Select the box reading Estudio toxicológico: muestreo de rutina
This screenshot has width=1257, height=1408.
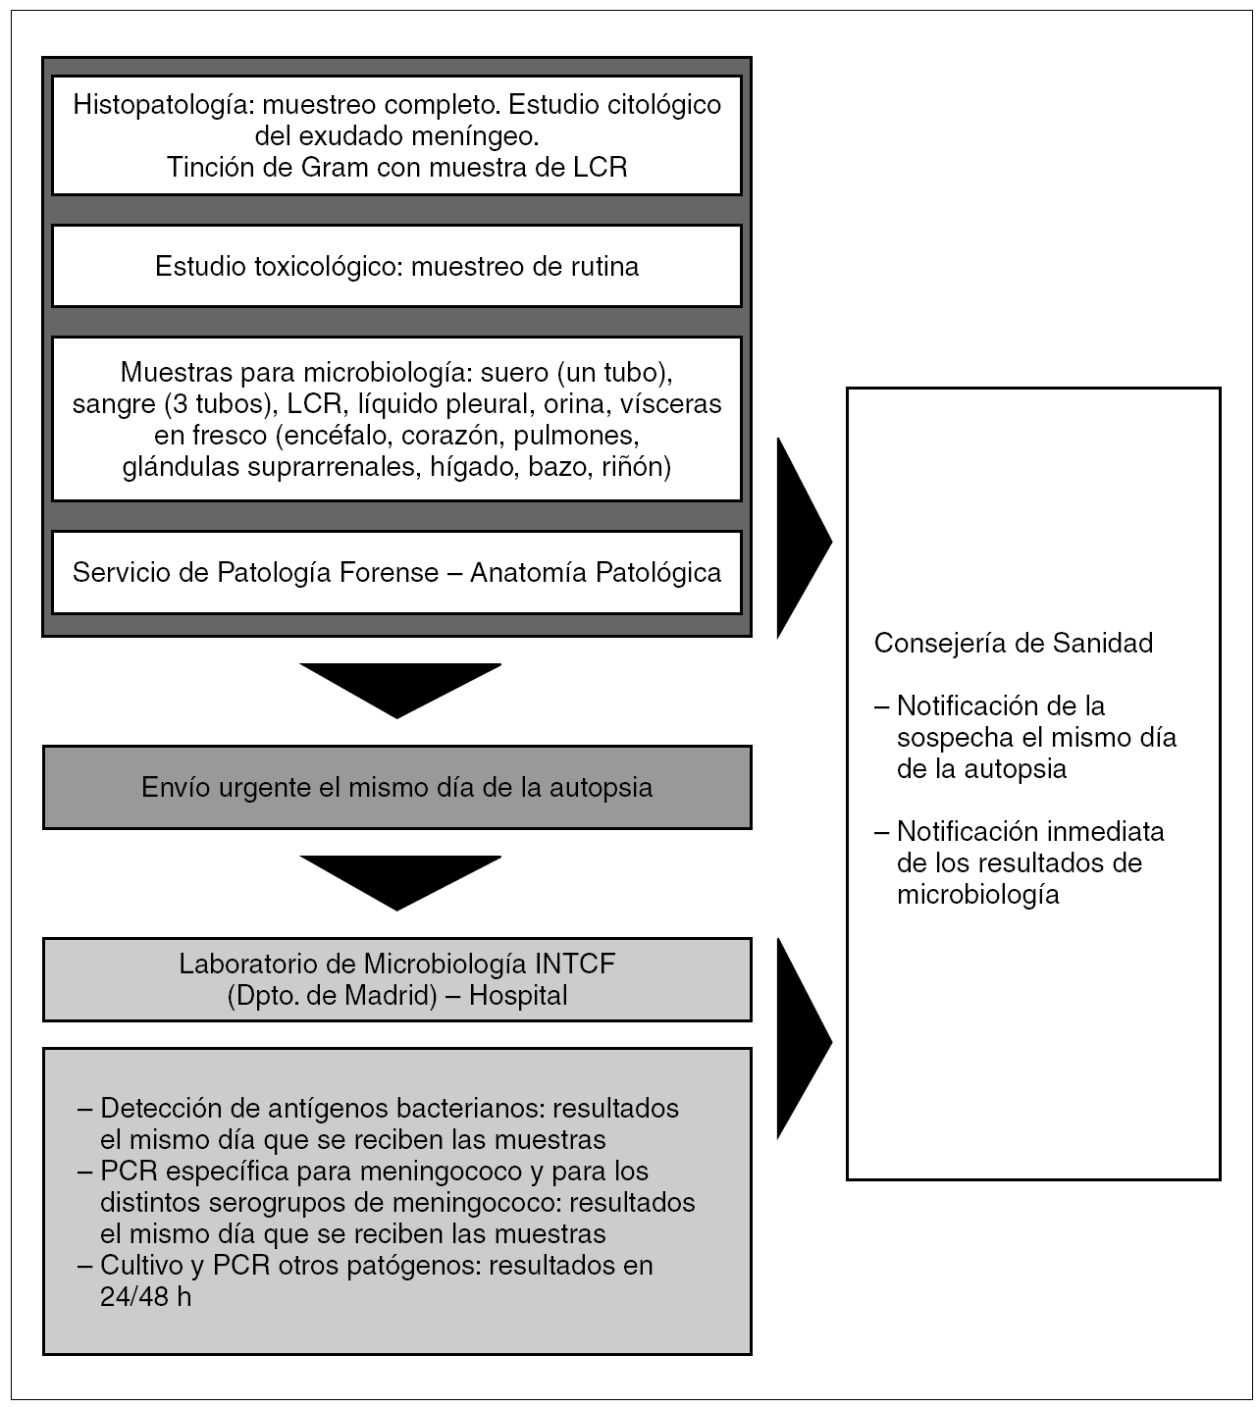click(396, 266)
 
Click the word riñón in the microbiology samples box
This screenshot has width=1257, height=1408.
click(630, 467)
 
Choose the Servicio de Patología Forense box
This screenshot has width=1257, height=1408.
click(396, 573)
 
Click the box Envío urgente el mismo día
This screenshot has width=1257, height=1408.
click(396, 787)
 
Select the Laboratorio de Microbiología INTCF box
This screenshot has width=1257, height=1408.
click(396, 979)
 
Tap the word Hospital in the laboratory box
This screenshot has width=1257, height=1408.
click(518, 995)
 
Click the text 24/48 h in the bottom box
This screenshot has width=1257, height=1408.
click(145, 1297)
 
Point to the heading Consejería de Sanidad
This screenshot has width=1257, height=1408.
click(1013, 643)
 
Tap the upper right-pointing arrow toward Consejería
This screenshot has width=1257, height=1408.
click(801, 540)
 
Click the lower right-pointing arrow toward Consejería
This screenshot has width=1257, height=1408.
click(801, 1040)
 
